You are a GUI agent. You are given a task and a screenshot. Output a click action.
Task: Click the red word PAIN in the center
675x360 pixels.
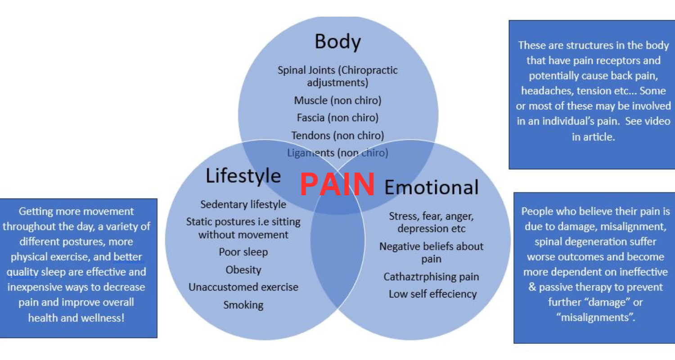[337, 184]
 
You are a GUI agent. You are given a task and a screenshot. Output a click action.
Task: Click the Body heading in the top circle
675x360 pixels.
[337, 42]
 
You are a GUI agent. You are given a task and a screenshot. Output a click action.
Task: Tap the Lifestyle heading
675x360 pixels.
[243, 176]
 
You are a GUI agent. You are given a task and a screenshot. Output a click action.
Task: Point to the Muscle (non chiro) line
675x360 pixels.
[337, 100]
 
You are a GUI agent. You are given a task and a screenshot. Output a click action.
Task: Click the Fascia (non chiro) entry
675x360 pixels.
[337, 117]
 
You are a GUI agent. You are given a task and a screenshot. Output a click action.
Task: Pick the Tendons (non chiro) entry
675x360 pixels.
[337, 135]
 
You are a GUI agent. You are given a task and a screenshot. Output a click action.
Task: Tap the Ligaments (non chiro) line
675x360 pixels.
[337, 153]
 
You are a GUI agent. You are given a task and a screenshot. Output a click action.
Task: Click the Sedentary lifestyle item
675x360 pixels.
[243, 204]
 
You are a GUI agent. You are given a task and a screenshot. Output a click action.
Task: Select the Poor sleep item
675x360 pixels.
[243, 252]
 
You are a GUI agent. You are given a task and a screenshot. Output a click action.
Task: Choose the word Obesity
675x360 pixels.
[243, 270]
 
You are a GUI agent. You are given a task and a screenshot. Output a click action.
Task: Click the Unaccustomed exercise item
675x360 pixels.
[243, 287]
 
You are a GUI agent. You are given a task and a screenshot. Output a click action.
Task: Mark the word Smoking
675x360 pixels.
[243, 305]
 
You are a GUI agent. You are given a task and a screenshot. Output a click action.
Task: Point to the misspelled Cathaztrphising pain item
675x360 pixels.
[431, 276]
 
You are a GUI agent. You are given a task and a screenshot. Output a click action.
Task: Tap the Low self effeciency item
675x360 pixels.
[432, 294]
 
